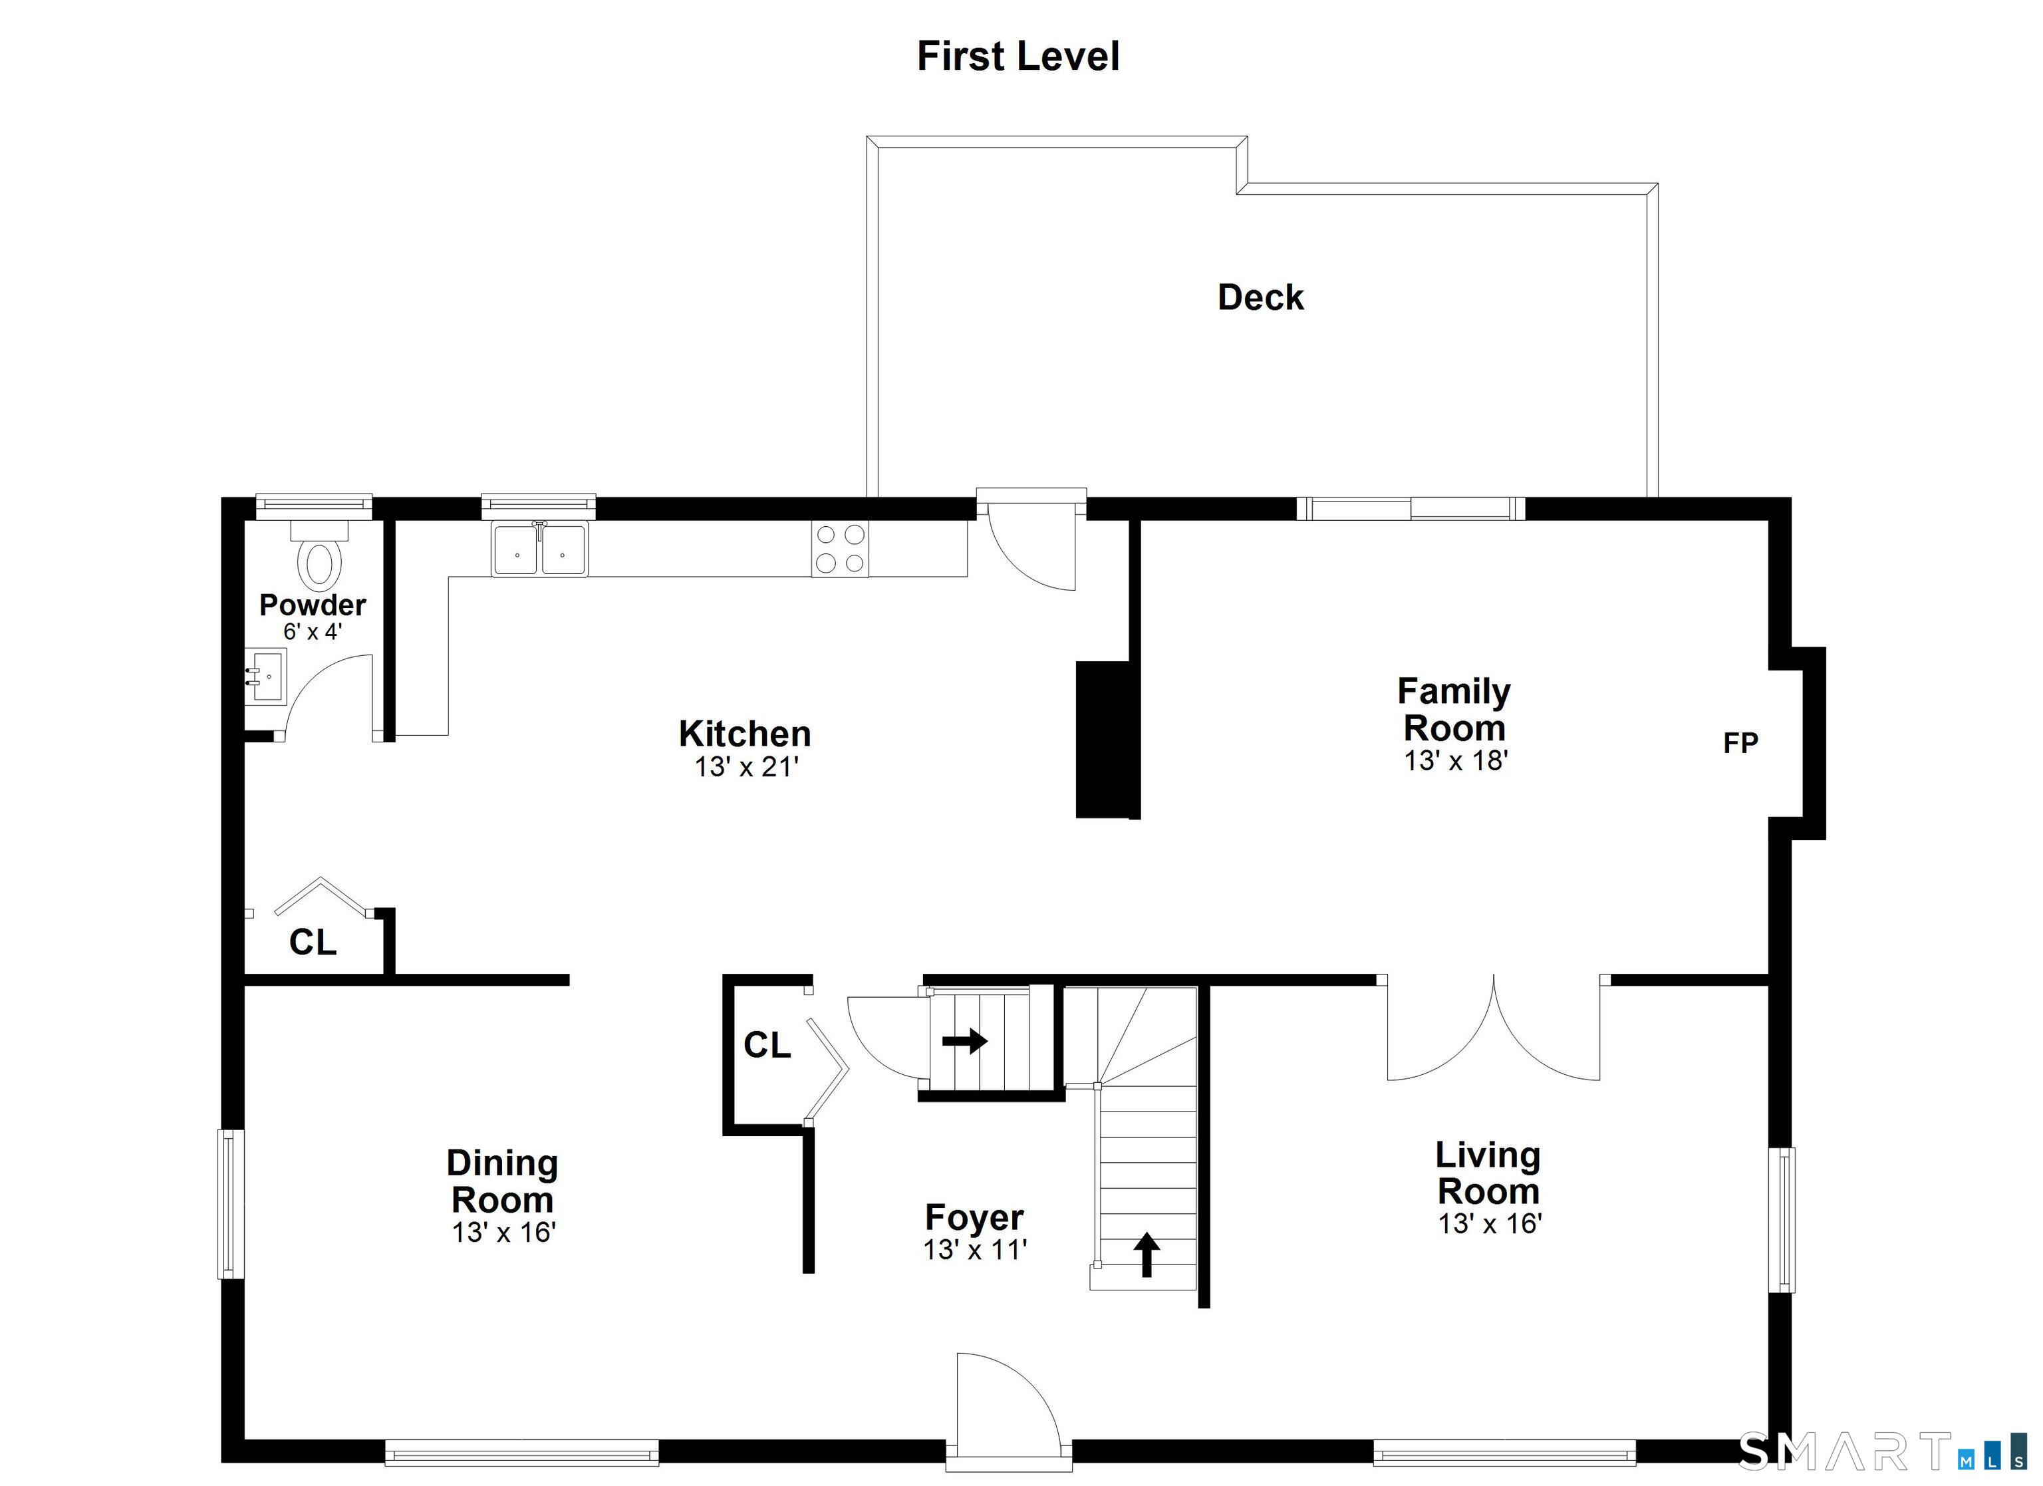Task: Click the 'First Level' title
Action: coord(1018,56)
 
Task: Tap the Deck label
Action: coord(1260,297)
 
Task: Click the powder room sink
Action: coord(266,676)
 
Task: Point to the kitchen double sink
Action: coord(539,549)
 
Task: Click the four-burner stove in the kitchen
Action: coord(839,549)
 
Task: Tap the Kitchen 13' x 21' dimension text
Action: coord(746,767)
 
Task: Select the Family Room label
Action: coord(1454,709)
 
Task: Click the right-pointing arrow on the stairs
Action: coord(965,1041)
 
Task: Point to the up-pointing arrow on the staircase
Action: coord(1146,1255)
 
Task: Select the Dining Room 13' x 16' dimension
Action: coord(503,1232)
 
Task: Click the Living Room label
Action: coord(1488,1173)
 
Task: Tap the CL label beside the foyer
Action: coord(767,1044)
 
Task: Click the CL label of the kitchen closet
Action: coord(313,942)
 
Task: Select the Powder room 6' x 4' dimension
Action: coord(313,632)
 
